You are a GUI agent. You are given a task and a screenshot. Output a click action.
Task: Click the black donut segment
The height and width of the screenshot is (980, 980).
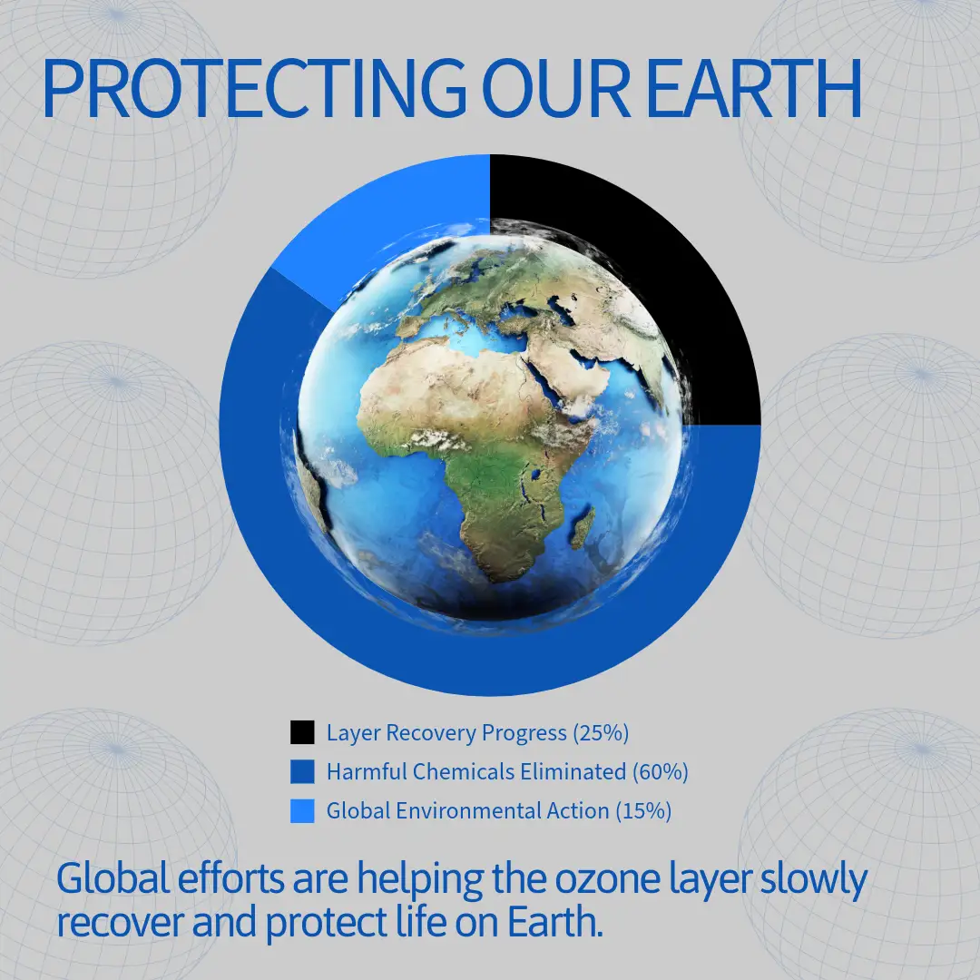pyautogui.click(x=688, y=262)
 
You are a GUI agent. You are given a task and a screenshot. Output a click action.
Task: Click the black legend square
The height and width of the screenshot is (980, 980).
pyautogui.click(x=302, y=732)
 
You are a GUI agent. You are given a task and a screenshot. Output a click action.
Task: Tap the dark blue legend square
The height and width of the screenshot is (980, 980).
pyautogui.click(x=302, y=771)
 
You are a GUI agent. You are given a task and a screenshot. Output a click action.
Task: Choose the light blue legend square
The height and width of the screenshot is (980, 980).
pyautogui.click(x=302, y=810)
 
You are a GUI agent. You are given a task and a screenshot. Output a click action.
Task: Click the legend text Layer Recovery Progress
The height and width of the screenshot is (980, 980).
pyautogui.click(x=446, y=732)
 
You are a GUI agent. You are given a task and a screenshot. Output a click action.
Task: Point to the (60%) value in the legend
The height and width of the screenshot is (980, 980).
pyautogui.click(x=660, y=772)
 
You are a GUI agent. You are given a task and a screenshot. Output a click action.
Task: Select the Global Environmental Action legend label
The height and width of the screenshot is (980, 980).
pyautogui.click(x=467, y=810)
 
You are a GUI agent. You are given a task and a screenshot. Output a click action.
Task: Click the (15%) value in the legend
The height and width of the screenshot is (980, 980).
pyautogui.click(x=643, y=810)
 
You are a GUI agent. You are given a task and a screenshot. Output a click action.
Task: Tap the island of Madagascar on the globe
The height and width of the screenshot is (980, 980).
pyautogui.click(x=583, y=526)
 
